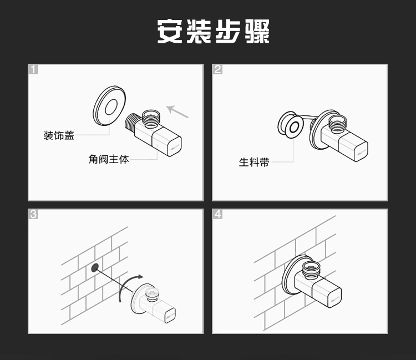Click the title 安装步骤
(214, 31)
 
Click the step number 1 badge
(33, 69)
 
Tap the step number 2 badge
(217, 69)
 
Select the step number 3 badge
(33, 214)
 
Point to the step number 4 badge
(217, 214)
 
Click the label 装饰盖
(59, 135)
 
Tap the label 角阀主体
(109, 159)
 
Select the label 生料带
(254, 162)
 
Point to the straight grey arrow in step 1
(177, 111)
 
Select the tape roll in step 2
(291, 125)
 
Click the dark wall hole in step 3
(95, 268)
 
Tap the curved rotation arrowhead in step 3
(139, 277)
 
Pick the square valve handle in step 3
(165, 312)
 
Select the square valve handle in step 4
(327, 293)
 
